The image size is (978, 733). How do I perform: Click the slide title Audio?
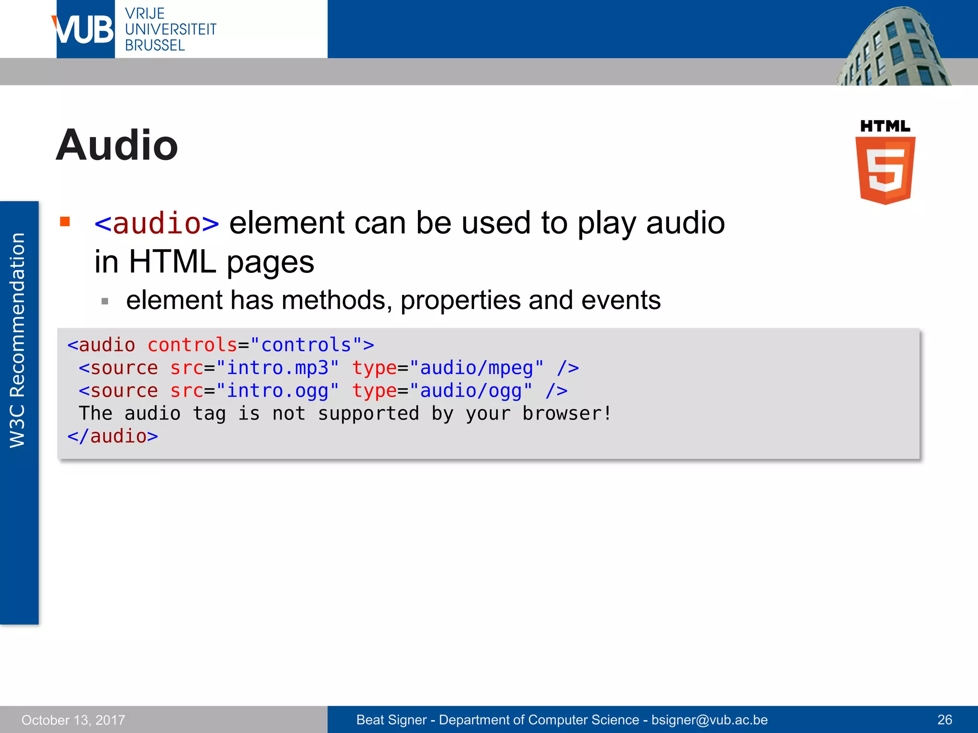[x=117, y=145]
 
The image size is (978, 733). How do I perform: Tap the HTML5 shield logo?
[x=885, y=169]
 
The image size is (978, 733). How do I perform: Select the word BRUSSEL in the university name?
[x=155, y=46]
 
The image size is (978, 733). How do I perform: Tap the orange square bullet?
[x=65, y=221]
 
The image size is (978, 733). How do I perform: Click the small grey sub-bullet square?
[x=105, y=301]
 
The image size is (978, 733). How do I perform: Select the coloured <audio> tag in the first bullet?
[x=157, y=223]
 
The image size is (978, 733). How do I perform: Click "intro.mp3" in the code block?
[x=277, y=368]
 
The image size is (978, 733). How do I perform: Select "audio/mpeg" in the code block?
[x=476, y=368]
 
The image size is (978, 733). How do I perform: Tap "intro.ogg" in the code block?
[x=277, y=391]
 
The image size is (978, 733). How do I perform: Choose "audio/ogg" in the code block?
[x=470, y=391]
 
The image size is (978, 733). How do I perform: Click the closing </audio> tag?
[x=113, y=436]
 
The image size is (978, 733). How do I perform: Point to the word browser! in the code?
[x=566, y=414]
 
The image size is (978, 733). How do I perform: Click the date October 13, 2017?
[x=73, y=720]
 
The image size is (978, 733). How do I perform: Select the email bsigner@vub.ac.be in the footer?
[x=709, y=720]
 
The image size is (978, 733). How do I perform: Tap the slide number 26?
[x=945, y=720]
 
